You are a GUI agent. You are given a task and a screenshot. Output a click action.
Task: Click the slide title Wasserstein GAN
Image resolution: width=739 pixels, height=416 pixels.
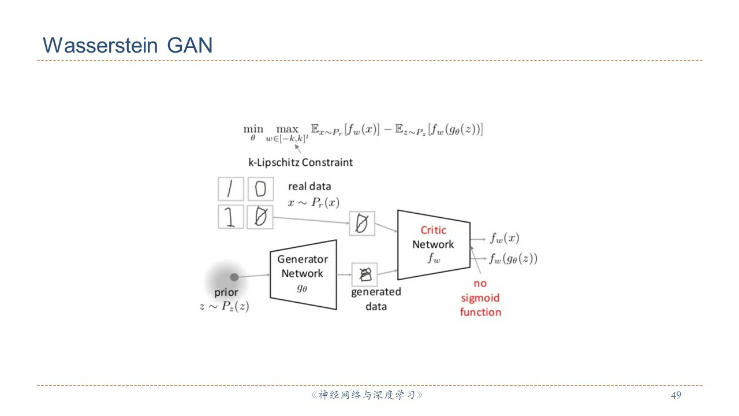pyautogui.click(x=128, y=45)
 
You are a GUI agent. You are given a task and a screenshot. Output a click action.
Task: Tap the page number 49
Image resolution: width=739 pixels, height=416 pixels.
pyautogui.click(x=676, y=395)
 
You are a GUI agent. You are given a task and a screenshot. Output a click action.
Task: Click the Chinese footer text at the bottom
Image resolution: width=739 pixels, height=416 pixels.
pyautogui.click(x=367, y=395)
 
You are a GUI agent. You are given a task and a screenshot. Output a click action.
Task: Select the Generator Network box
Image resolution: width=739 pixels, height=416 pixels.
pyautogui.click(x=303, y=274)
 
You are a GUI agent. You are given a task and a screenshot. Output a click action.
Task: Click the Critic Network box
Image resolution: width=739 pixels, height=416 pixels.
pyautogui.click(x=433, y=244)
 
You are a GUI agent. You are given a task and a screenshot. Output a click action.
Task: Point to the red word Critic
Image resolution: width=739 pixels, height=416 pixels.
pyautogui.click(x=433, y=230)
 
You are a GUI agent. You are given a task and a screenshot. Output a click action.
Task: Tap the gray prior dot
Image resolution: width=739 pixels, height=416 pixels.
pyautogui.click(x=234, y=277)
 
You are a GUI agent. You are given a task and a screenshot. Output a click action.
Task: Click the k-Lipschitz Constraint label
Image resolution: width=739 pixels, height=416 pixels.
pyautogui.click(x=300, y=162)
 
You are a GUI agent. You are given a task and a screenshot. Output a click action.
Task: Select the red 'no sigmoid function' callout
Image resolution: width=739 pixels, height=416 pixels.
pyautogui.click(x=480, y=298)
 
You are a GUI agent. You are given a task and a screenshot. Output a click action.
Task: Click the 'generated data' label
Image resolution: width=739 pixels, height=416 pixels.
pyautogui.click(x=376, y=299)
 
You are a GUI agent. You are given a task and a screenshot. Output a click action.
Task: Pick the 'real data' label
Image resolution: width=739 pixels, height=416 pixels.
pyautogui.click(x=309, y=187)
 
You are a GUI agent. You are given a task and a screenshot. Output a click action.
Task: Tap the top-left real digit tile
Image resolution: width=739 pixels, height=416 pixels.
pyautogui.click(x=230, y=189)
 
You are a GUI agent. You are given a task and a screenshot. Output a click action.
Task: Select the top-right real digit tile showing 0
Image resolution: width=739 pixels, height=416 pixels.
pyautogui.click(x=260, y=189)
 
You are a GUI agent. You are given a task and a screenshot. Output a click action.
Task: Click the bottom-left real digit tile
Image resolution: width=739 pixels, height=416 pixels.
pyautogui.click(x=230, y=217)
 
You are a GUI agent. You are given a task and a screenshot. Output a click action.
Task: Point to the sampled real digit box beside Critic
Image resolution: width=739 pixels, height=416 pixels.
pyautogui.click(x=362, y=223)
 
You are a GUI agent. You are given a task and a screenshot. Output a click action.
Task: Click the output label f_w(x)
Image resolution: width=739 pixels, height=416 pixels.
pyautogui.click(x=505, y=237)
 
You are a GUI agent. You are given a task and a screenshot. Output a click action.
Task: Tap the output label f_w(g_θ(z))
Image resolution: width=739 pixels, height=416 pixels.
pyautogui.click(x=513, y=259)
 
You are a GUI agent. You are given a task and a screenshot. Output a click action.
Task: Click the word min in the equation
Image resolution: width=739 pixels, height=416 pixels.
pyautogui.click(x=253, y=129)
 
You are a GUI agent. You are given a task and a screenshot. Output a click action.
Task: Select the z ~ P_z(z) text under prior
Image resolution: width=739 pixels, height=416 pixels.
pyautogui.click(x=225, y=306)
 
